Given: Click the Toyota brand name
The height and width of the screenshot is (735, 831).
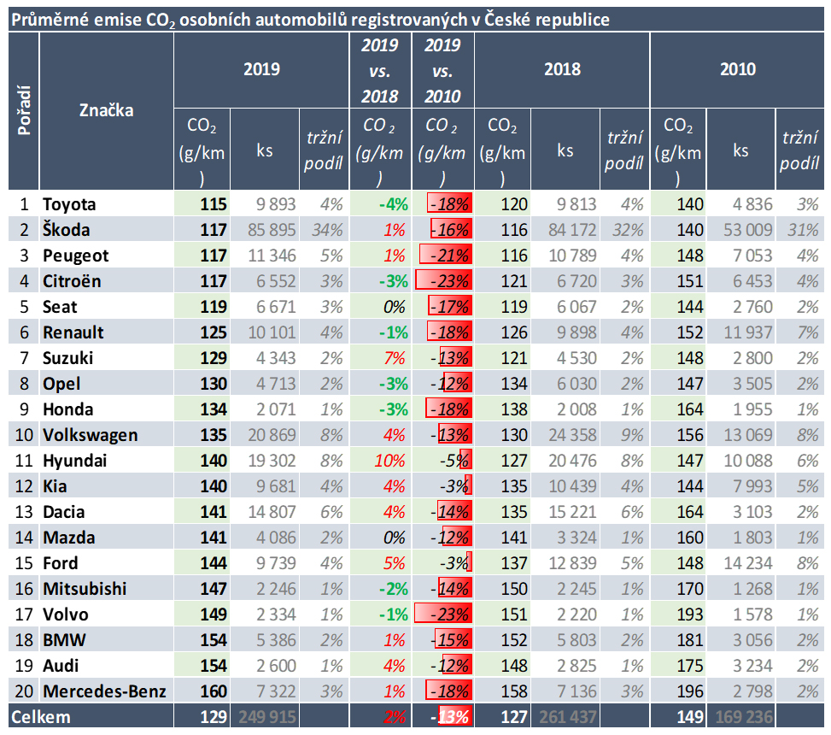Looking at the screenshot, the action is tap(69, 204).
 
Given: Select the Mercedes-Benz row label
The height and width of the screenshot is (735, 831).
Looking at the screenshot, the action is tap(104, 691).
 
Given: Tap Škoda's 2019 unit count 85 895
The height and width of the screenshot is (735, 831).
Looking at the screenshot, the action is tap(272, 230).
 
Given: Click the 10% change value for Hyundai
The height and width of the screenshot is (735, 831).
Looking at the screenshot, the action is tap(389, 461).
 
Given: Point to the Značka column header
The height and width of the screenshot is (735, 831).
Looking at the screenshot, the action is tap(106, 110).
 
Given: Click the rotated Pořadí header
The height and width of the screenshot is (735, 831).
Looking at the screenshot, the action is tap(24, 110).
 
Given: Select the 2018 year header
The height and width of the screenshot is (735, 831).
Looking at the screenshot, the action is tap(562, 69).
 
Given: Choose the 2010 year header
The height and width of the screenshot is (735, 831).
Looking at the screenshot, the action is tap(738, 69).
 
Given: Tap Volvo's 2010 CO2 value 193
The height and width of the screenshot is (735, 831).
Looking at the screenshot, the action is tap(689, 614).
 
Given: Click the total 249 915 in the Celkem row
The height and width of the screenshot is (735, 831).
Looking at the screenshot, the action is tap(267, 717).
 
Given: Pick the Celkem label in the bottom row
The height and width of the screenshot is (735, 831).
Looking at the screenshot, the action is tap(41, 717).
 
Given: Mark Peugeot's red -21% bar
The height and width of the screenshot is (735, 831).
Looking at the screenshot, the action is tap(445, 255).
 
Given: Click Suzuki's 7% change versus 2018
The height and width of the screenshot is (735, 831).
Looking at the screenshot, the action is tap(395, 358).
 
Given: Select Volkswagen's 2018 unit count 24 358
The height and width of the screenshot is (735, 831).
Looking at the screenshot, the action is tap(572, 435).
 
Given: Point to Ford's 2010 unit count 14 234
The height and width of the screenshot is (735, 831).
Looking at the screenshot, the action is tap(748, 562).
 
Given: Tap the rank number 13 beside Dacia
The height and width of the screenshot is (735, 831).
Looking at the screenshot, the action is tap(24, 512).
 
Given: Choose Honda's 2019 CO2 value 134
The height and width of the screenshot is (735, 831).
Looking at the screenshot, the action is tap(214, 409).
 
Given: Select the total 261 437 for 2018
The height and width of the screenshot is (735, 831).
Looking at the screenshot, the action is tap(568, 717).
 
